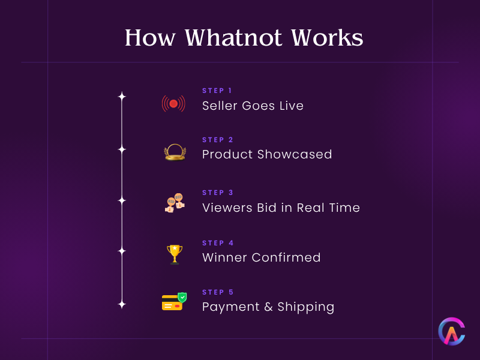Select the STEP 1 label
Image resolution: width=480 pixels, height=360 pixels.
[x=217, y=91]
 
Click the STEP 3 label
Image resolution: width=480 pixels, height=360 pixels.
[x=218, y=193]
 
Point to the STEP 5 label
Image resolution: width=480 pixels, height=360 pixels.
[x=218, y=292]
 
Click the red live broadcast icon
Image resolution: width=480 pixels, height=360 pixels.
[x=173, y=104]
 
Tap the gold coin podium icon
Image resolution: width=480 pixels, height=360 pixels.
[x=175, y=152]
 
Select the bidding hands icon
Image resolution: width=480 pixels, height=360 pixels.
[x=174, y=203]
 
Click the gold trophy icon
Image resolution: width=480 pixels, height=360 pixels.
[x=175, y=254]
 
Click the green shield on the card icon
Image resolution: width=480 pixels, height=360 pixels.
[x=182, y=297]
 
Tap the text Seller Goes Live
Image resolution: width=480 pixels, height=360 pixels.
[x=253, y=106]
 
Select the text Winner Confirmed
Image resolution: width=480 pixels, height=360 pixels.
[x=261, y=257]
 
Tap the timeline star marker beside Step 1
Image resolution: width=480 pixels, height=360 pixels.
[x=122, y=96]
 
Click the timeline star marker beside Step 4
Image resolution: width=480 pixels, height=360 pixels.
[x=122, y=251]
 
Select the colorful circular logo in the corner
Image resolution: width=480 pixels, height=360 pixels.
[x=451, y=331]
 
